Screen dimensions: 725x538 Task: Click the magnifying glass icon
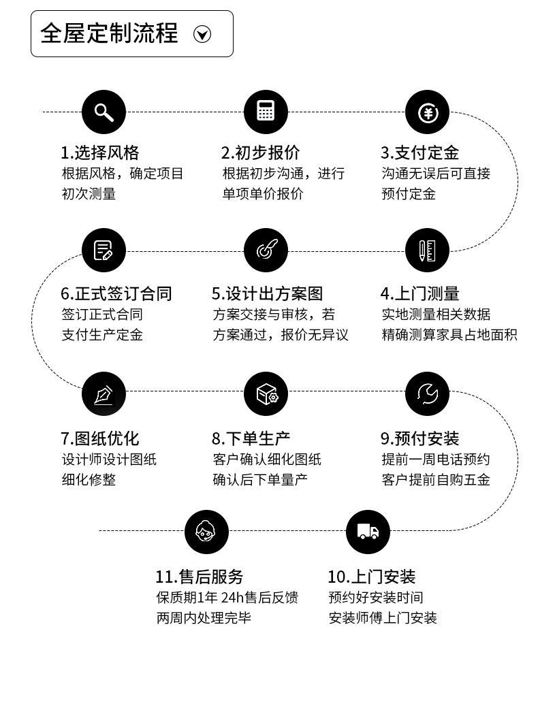(104, 112)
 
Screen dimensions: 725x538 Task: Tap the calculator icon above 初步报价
(266, 112)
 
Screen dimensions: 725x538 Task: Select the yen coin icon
(427, 112)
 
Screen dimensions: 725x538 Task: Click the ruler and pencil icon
(427, 251)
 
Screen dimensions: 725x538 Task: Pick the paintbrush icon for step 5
(266, 251)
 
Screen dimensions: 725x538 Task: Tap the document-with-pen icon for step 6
(104, 251)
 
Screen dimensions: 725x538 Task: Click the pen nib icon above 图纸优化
(104, 393)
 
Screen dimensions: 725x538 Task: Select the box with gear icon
(266, 393)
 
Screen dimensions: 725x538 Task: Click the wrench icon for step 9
(427, 393)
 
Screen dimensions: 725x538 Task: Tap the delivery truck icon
(368, 531)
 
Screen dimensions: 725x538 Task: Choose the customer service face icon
(206, 531)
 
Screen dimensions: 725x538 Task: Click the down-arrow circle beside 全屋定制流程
(202, 34)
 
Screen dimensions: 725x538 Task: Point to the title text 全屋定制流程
(109, 33)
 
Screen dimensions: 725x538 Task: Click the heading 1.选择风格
(99, 152)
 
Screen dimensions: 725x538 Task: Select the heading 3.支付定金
(420, 152)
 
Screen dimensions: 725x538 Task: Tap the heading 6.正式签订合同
(116, 293)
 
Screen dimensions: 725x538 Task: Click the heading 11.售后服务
(199, 577)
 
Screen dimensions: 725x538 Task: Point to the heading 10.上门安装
(371, 577)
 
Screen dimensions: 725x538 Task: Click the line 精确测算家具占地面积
(449, 335)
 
